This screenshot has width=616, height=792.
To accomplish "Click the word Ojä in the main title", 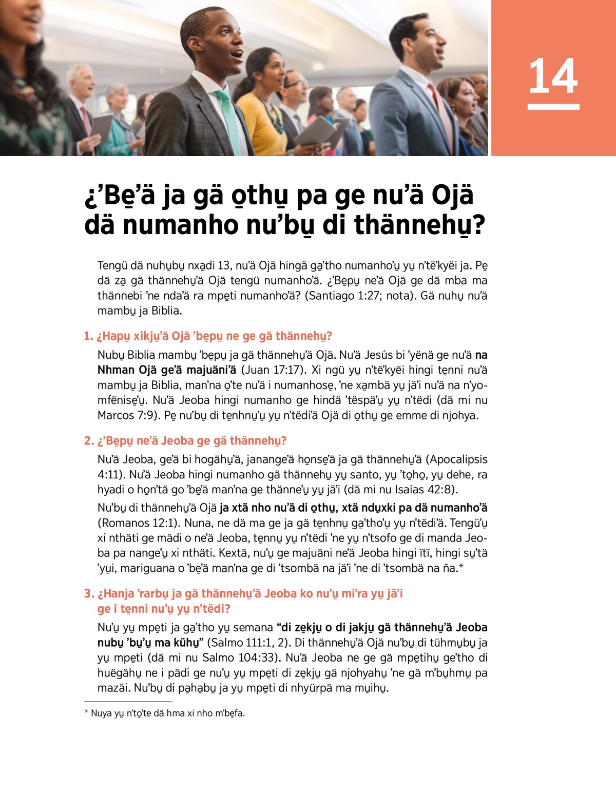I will coord(452,195).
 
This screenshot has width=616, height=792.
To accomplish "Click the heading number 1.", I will coord(87,336).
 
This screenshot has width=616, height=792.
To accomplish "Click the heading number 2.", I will coord(88,441).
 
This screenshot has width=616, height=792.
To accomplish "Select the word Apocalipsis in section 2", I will coord(456,459).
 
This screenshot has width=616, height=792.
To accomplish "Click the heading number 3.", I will coord(88,594).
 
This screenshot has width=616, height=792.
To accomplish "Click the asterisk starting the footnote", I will coord(86,713).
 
